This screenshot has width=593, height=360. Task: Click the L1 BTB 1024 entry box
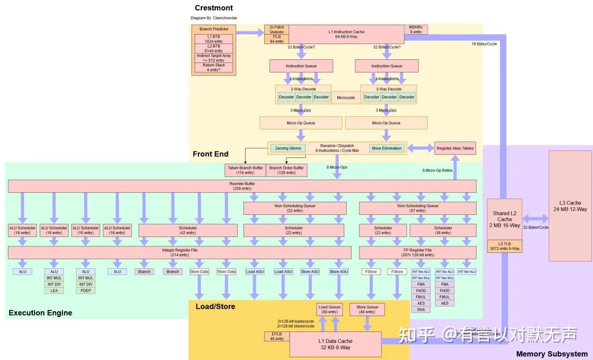click(214, 39)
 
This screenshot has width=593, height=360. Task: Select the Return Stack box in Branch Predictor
click(214, 67)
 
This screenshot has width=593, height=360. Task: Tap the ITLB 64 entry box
click(276, 39)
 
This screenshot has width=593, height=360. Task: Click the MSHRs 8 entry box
click(416, 29)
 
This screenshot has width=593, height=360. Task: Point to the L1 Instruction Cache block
click(346, 34)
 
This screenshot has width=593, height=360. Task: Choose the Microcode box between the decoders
click(345, 98)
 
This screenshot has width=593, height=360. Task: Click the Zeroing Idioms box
click(288, 148)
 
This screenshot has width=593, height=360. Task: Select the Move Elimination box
click(386, 148)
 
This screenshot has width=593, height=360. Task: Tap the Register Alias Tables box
click(455, 148)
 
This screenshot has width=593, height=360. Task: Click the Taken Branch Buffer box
click(245, 170)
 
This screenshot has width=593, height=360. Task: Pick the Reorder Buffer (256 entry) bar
click(242, 186)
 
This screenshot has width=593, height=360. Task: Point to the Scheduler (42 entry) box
click(188, 231)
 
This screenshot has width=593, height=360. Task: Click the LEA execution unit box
click(54, 291)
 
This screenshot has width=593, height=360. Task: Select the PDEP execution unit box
click(86, 291)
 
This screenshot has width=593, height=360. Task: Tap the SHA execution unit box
click(421, 310)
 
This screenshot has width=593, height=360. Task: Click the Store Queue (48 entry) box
click(367, 310)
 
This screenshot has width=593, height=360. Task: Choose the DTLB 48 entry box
click(277, 336)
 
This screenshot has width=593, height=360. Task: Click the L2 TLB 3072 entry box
click(504, 246)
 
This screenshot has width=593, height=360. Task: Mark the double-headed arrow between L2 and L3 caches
click(535, 219)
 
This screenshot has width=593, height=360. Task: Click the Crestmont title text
click(214, 8)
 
